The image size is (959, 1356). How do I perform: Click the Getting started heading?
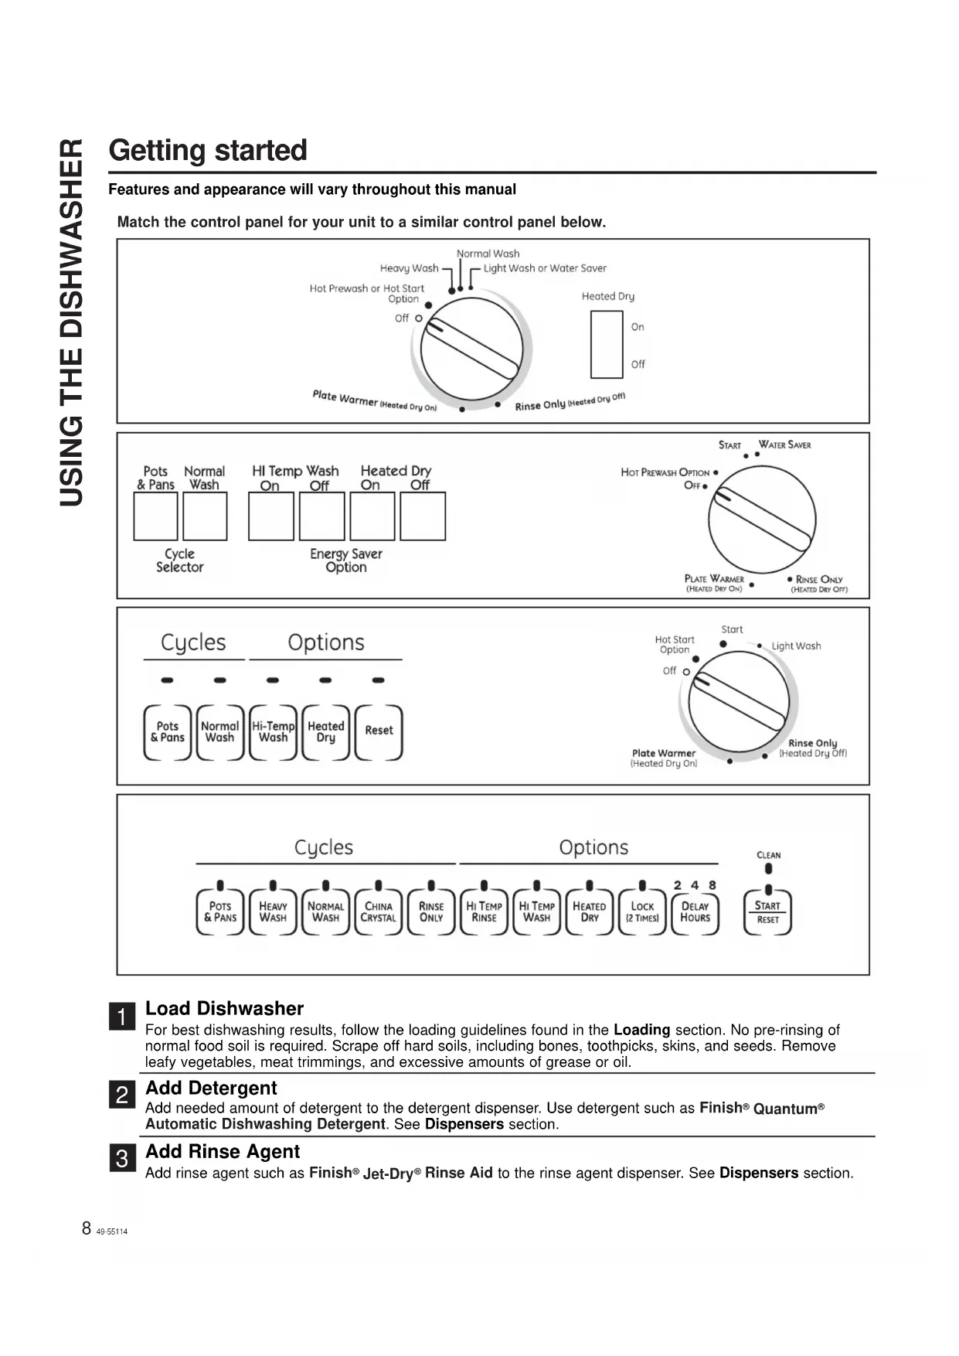pos(208,150)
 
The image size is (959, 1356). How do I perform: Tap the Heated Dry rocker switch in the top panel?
pos(607,344)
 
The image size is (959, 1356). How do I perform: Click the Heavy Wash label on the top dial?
pos(409,268)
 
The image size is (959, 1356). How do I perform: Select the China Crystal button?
pos(378,912)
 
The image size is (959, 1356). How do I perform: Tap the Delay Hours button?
pos(695,912)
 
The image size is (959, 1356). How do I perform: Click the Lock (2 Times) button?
pos(642,912)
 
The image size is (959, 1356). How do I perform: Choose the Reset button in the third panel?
pos(379,731)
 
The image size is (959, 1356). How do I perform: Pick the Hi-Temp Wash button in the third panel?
pos(273,731)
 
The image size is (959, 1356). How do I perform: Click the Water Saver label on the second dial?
pos(784,445)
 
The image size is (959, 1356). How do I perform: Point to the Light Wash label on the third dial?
pos(796,646)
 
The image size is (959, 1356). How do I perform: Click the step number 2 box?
pos(122,1095)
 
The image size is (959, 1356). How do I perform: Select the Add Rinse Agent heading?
pos(223,1151)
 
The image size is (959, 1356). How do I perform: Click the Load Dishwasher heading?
pos(224,1008)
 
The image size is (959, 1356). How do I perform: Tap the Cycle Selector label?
pos(179,560)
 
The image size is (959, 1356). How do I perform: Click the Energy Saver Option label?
pos(346,560)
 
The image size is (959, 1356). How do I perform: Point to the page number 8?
pos(87,1228)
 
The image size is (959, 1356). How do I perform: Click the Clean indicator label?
pos(768,855)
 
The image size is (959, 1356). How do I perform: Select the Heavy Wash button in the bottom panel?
pos(273,912)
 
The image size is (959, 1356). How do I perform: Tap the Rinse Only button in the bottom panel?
pos(431,912)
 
